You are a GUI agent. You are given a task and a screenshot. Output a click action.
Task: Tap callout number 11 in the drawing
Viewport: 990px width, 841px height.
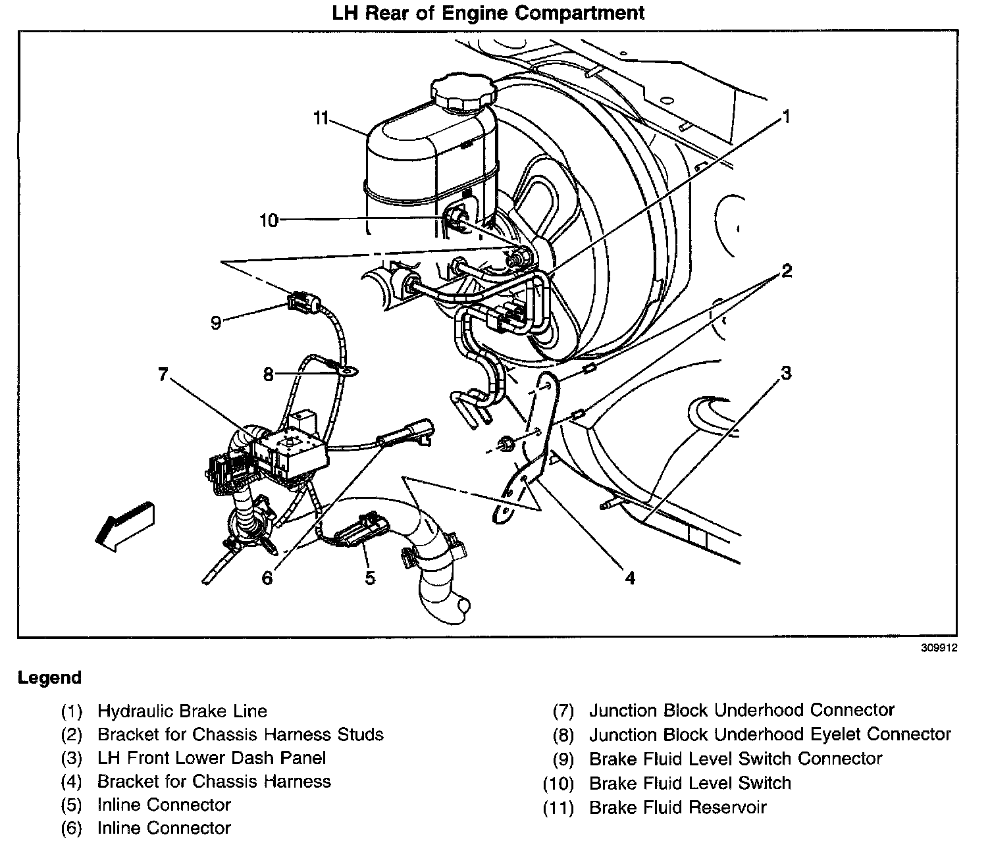(320, 118)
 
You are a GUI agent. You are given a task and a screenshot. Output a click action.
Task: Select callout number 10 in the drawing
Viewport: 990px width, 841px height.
(269, 220)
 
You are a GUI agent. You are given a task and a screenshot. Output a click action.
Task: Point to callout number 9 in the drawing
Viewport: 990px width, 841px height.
(216, 323)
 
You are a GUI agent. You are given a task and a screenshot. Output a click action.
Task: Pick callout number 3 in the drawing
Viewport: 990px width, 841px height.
(785, 373)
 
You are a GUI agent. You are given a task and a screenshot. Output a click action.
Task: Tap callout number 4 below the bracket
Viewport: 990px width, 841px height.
(630, 578)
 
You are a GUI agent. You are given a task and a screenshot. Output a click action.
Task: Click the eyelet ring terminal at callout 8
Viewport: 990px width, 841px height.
(347, 371)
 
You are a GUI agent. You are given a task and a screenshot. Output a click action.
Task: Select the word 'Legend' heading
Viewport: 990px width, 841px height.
(50, 678)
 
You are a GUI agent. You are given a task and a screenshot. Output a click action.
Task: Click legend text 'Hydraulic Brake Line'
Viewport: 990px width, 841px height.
(182, 711)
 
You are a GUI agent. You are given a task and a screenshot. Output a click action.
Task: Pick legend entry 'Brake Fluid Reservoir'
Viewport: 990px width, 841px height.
(677, 807)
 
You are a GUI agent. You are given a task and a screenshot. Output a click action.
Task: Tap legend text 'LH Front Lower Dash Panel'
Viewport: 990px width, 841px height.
(211, 758)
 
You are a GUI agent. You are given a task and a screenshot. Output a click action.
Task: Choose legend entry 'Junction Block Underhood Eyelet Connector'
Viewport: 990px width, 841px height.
(769, 734)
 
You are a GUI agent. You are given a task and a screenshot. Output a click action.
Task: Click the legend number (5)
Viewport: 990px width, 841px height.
(71, 805)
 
